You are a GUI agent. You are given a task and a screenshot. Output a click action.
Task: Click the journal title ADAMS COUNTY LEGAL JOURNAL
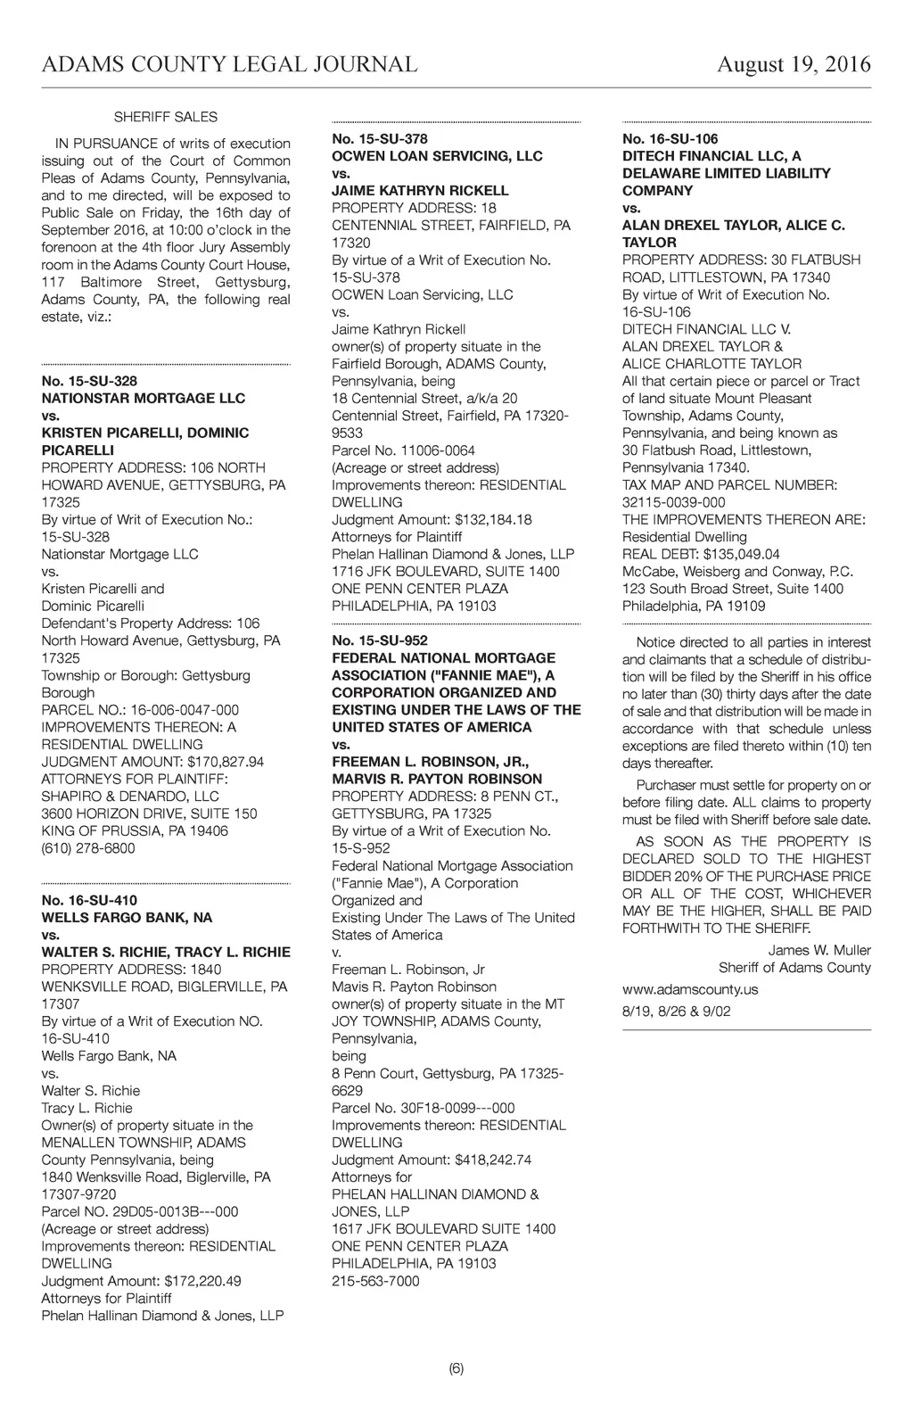pyautogui.click(x=229, y=64)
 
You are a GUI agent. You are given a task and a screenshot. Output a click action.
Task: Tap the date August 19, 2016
pyautogui.click(x=794, y=64)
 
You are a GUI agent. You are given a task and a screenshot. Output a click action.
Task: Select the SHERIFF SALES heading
pyautogui.click(x=165, y=117)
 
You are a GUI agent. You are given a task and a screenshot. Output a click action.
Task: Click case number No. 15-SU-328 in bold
pyautogui.click(x=89, y=381)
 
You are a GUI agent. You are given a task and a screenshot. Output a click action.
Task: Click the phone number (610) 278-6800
pyautogui.click(x=88, y=848)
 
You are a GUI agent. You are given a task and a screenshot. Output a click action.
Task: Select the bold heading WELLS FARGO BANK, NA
pyautogui.click(x=127, y=917)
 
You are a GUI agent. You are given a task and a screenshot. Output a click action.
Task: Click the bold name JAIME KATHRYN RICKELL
pyautogui.click(x=420, y=191)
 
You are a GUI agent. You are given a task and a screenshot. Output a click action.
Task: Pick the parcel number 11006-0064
pyautogui.click(x=432, y=450)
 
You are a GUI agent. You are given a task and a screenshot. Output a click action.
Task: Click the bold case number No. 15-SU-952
pyautogui.click(x=380, y=640)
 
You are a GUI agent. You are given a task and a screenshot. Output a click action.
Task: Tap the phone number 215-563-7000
pyautogui.click(x=375, y=1281)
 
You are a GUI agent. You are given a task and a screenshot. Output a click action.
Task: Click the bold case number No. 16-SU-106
pyautogui.click(x=670, y=139)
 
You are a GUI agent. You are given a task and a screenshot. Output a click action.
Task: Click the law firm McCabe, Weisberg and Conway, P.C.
pyautogui.click(x=737, y=572)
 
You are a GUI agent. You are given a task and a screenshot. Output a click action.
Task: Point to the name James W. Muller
pyautogui.click(x=819, y=950)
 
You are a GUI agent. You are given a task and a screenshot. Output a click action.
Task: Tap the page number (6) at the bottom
pyautogui.click(x=456, y=1368)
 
